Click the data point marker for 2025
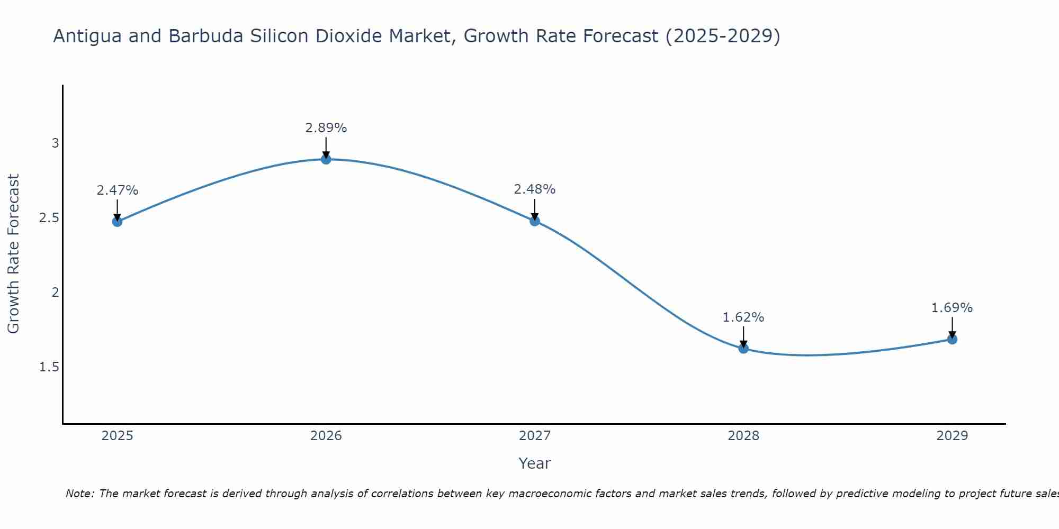tap(118, 221)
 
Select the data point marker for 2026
tap(326, 159)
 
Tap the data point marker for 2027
tap(535, 221)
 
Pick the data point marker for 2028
tap(743, 348)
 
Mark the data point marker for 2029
tap(952, 339)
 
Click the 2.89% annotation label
tap(326, 128)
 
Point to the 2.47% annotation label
tap(118, 190)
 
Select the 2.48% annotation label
tap(535, 189)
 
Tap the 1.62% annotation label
tap(743, 317)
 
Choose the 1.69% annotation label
tap(952, 308)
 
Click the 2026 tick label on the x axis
tap(326, 436)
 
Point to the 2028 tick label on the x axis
tap(743, 436)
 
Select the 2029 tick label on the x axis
tap(952, 436)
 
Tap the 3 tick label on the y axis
tap(55, 143)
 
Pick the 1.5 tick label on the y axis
tap(49, 367)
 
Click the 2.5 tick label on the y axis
tap(49, 218)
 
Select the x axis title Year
tap(535, 463)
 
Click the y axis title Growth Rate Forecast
tap(14, 254)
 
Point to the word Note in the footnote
tap(79, 494)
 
